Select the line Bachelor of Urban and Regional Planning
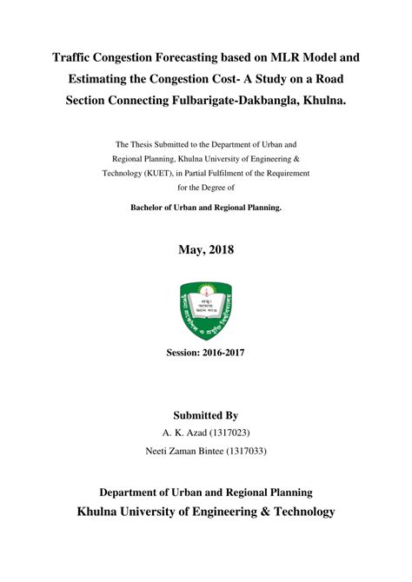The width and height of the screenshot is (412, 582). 206,208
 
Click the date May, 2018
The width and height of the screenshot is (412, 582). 206,250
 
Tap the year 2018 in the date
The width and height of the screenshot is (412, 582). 220,250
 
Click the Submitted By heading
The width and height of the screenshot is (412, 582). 206,416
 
